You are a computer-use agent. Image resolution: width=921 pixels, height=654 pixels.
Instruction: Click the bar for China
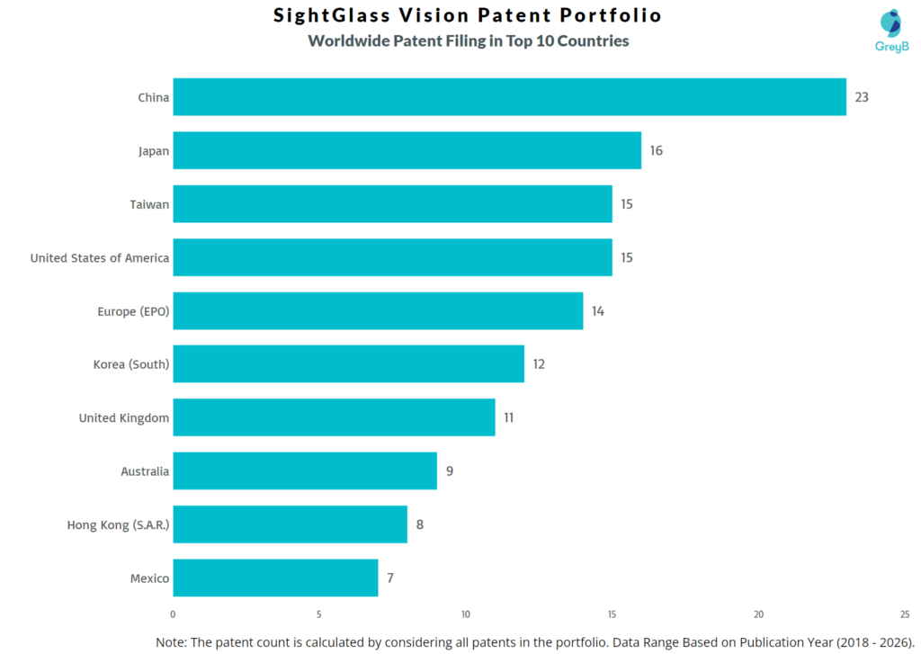click(509, 97)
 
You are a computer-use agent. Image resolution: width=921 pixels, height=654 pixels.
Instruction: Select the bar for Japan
click(407, 150)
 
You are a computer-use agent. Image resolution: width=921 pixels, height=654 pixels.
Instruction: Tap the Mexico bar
click(275, 578)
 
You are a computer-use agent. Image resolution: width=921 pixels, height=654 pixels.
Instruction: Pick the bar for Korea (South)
click(348, 364)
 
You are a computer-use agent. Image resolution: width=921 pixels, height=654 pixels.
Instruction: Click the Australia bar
click(305, 471)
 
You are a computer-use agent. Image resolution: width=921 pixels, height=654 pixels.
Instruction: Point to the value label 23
click(862, 97)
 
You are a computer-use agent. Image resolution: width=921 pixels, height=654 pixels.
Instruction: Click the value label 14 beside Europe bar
click(598, 311)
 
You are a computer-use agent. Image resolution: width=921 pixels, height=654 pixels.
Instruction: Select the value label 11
click(509, 417)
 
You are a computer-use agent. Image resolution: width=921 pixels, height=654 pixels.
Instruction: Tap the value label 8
click(420, 524)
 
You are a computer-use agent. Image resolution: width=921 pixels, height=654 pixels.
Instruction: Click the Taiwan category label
click(149, 204)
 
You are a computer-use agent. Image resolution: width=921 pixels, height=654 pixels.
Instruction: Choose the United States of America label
click(99, 258)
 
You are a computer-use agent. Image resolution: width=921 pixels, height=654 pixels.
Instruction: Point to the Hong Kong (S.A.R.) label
click(118, 524)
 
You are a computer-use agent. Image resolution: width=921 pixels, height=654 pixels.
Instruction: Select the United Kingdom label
click(123, 417)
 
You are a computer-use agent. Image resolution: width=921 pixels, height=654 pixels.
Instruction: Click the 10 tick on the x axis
click(466, 614)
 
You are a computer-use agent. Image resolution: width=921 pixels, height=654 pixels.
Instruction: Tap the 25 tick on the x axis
click(905, 614)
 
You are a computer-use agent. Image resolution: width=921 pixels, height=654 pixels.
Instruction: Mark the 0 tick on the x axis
click(173, 614)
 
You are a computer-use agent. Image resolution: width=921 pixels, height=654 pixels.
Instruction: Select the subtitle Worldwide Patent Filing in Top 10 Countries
click(468, 40)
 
